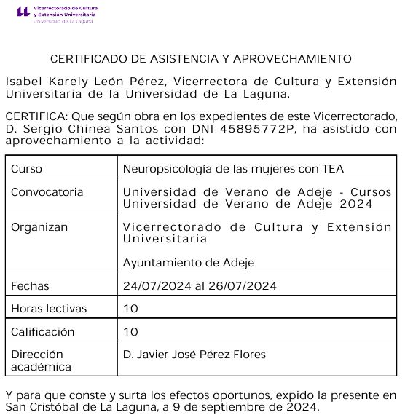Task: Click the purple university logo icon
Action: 23,12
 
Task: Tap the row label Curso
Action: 26,169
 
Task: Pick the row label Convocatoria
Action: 47,192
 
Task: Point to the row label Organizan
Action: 39,227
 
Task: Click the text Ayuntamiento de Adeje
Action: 188,263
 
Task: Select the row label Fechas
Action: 30,285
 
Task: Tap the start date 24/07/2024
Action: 157,285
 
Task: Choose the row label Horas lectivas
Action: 49,309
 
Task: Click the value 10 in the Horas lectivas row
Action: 131,309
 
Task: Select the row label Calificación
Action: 43,332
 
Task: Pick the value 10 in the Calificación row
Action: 131,332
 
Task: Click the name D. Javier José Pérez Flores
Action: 194,355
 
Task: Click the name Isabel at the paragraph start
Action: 23,82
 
